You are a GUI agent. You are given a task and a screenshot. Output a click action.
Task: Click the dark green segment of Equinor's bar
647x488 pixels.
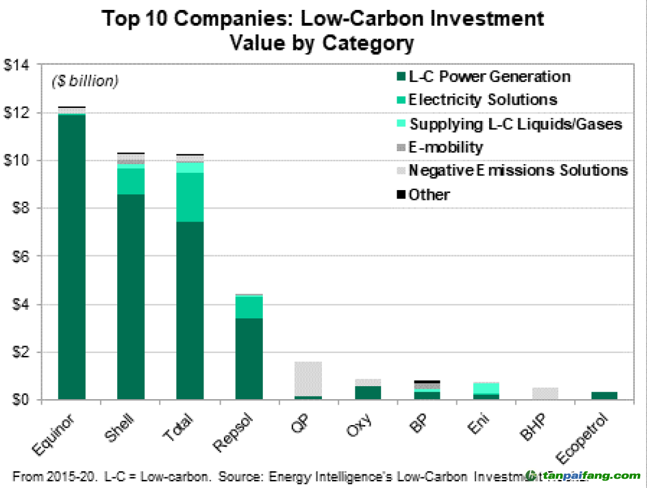coord(72,256)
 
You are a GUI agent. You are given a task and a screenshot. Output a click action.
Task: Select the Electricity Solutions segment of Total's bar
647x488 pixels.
coord(190,197)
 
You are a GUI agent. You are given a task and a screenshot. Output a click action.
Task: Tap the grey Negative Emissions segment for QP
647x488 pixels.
coord(308,378)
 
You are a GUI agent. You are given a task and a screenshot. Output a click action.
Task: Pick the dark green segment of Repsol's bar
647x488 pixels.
coord(249,358)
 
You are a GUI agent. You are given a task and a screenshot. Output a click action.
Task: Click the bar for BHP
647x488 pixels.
coord(545,393)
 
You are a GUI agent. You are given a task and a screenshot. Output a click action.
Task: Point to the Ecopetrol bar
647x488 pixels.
coord(604,395)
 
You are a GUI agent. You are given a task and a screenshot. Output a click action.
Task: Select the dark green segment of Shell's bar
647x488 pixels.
coord(131,296)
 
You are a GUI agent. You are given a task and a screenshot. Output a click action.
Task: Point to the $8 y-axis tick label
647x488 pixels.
coord(20,209)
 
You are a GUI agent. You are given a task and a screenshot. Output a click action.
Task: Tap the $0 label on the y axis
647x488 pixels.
coord(20,400)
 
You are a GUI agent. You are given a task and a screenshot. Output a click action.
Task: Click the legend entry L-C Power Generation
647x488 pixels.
coord(489,77)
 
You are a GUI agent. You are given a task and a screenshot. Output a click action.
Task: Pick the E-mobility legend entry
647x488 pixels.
coord(446,147)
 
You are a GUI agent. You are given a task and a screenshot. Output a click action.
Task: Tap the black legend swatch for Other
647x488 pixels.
coord(400,195)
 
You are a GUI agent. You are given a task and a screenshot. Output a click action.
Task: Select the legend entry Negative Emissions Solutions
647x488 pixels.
coord(518,171)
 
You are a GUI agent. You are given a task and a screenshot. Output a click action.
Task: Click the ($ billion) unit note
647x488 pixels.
coord(84,81)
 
